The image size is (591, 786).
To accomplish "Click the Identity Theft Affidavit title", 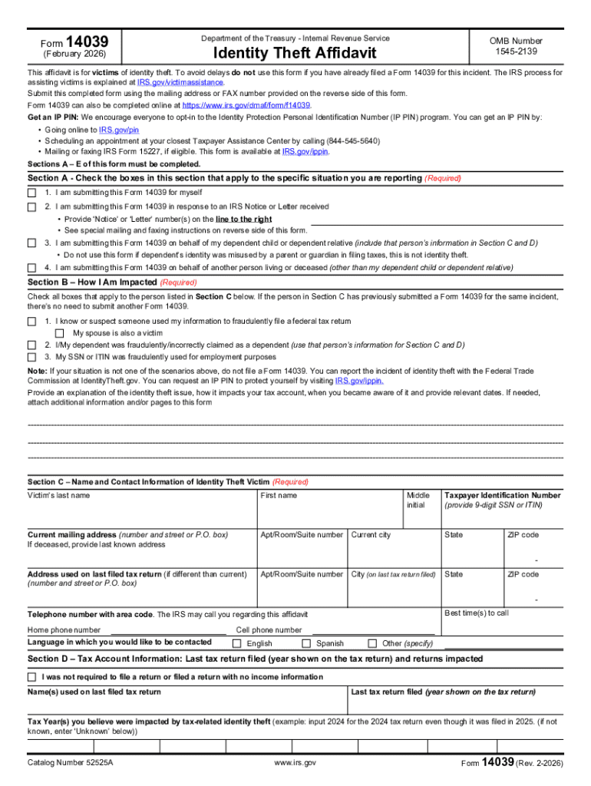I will [x=295, y=54].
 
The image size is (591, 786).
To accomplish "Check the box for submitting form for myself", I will [x=32, y=192].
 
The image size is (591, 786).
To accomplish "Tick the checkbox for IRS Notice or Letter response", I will [x=32, y=207].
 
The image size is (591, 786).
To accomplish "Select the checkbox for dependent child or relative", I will [x=32, y=243].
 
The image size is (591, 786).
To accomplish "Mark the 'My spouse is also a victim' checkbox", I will [x=60, y=333].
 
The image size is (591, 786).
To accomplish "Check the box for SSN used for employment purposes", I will [x=32, y=357].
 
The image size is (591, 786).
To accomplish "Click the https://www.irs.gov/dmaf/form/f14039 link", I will [x=246, y=105].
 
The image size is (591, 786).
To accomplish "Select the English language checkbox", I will [x=237, y=643].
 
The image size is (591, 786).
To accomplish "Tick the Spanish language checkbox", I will [x=306, y=643].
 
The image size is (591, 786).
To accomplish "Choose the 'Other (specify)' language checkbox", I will [x=373, y=643].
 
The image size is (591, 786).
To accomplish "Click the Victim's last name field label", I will [x=58, y=495].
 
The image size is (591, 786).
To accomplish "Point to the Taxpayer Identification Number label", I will [x=502, y=495].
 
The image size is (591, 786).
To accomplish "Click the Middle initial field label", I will [x=418, y=500].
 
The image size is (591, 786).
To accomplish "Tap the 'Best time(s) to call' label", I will [x=476, y=613].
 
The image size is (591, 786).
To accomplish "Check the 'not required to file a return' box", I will [x=32, y=678].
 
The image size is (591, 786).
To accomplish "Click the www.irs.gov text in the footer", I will [x=295, y=764].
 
